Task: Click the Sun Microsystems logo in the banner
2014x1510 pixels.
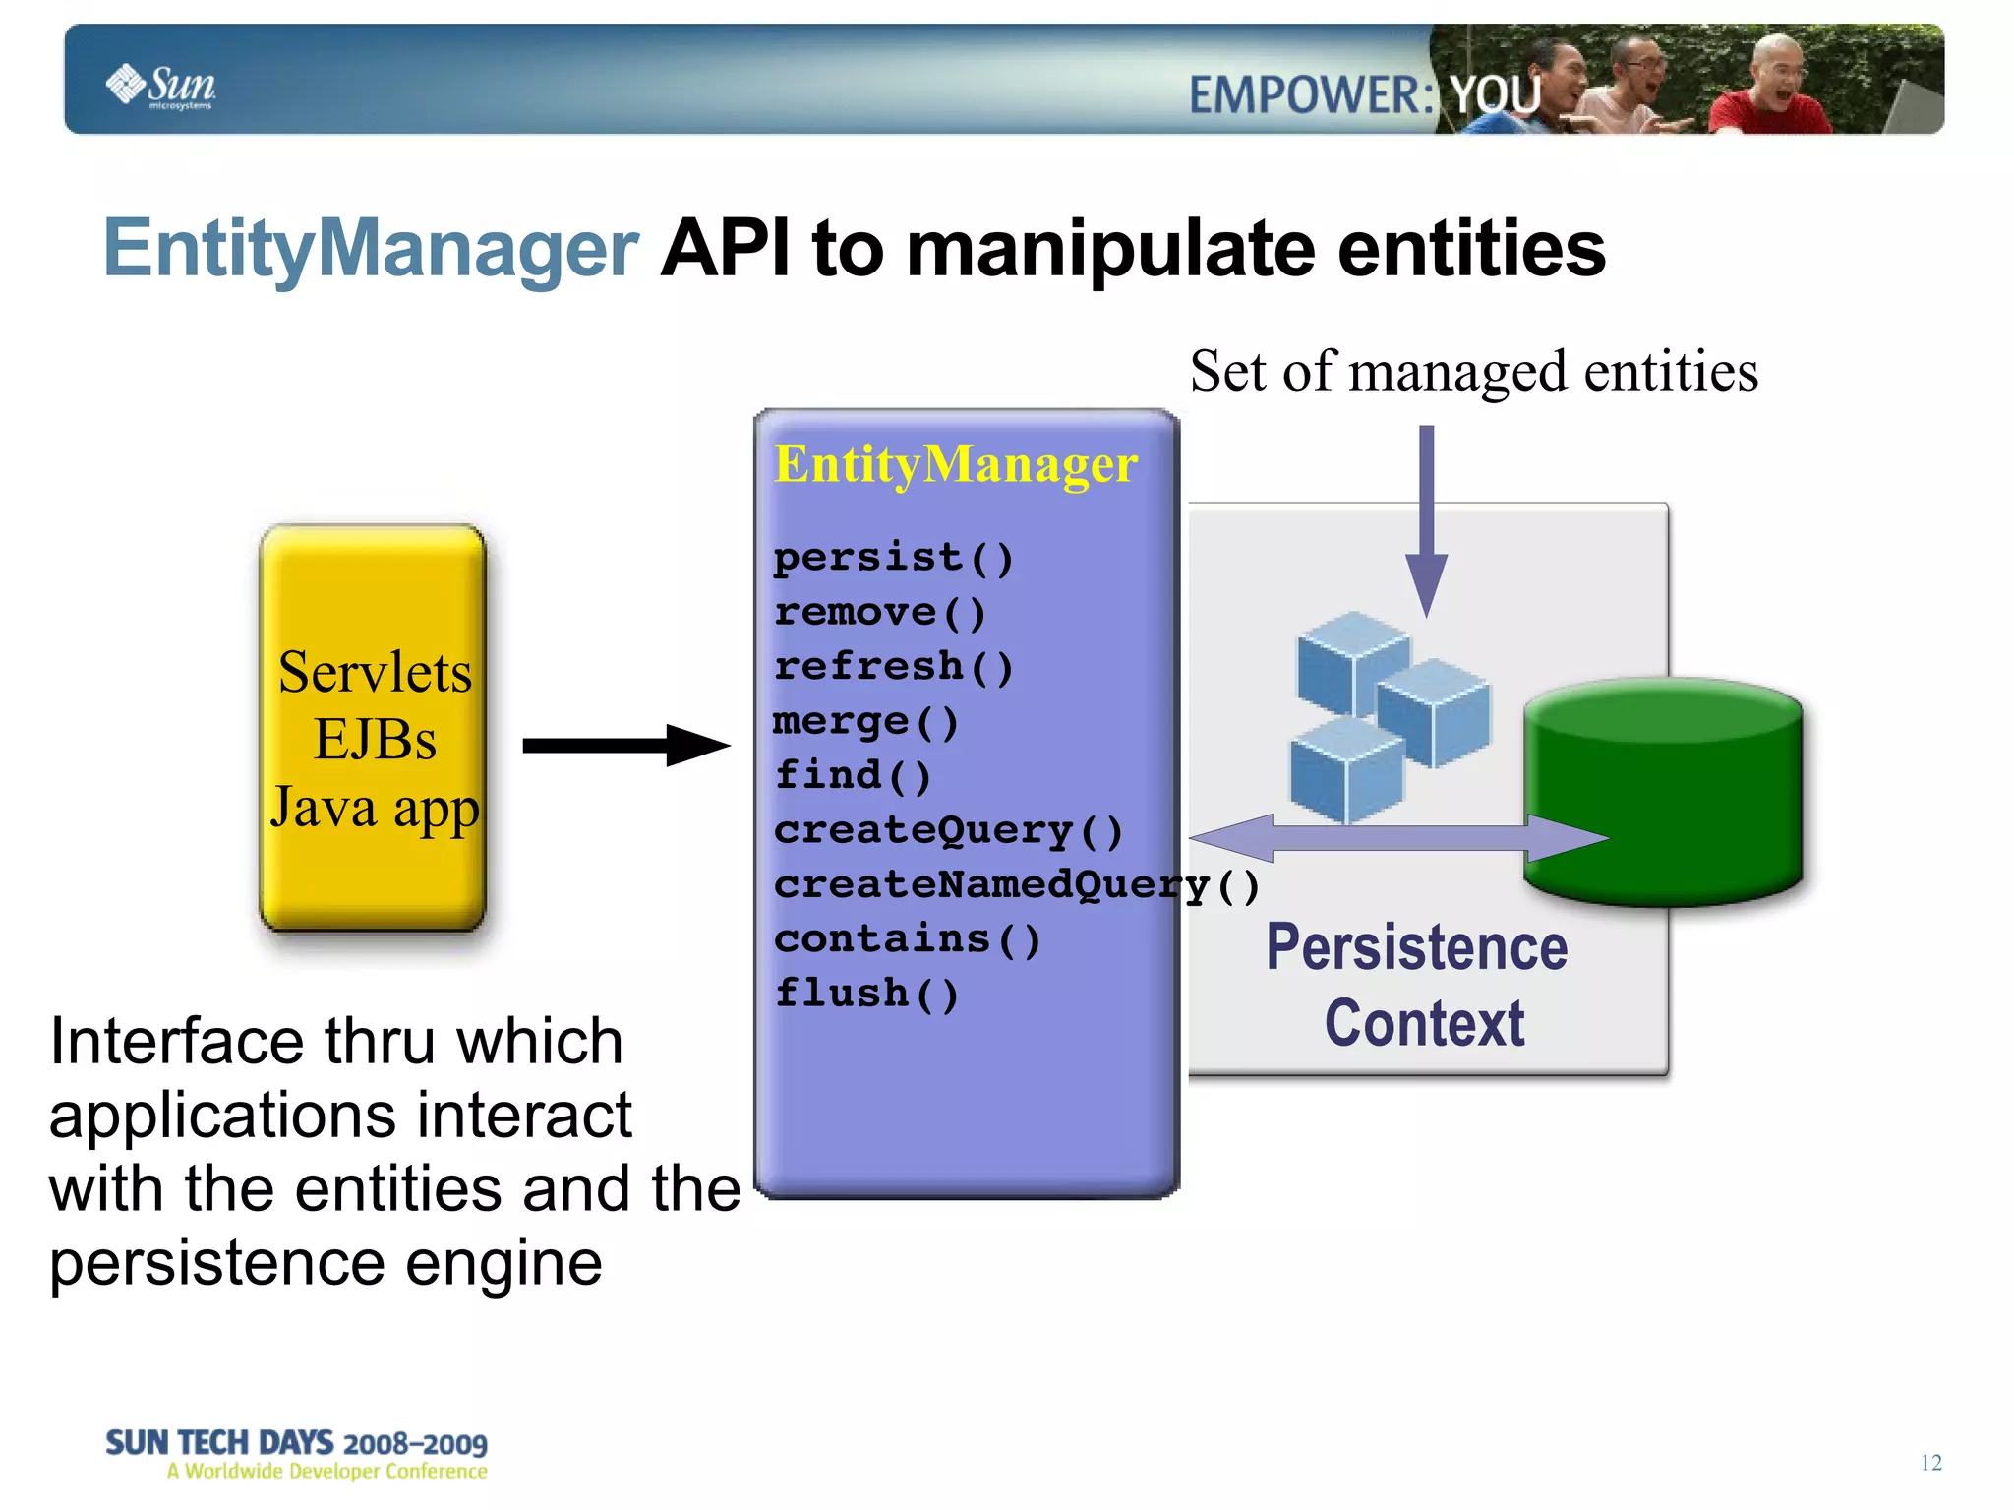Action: coord(161,86)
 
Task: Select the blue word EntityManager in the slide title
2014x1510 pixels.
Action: coord(371,249)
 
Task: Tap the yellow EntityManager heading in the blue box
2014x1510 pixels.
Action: coord(955,464)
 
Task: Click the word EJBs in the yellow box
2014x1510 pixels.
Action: coord(374,740)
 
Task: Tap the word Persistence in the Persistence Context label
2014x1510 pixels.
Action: coord(1416,948)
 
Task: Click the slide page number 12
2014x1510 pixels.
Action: coord(1930,1463)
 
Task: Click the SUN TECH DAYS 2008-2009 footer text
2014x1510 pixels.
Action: coord(296,1443)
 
